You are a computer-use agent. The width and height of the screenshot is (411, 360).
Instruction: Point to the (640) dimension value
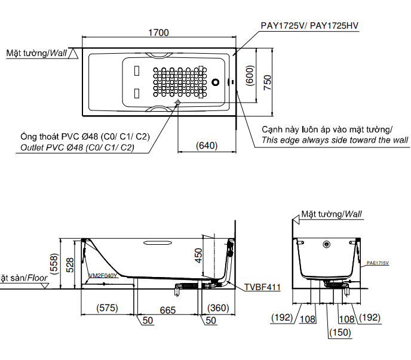[205, 145]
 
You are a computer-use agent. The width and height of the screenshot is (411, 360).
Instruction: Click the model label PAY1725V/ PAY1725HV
[309, 26]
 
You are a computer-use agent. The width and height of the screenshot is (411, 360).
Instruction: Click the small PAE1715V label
[378, 262]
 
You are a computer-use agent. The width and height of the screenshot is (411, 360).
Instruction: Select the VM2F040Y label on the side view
[103, 275]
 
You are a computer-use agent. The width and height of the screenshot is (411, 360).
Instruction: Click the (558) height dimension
[53, 262]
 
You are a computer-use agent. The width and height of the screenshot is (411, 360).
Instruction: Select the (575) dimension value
[107, 308]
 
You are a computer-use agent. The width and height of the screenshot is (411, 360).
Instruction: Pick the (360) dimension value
[218, 308]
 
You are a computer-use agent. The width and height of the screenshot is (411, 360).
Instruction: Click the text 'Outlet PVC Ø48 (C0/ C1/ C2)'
[77, 147]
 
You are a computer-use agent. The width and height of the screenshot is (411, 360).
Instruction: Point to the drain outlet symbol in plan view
[178, 103]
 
